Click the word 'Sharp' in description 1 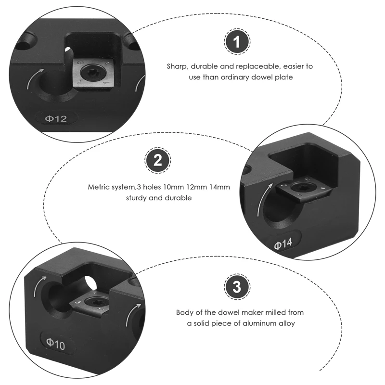pyautogui.click(x=177, y=66)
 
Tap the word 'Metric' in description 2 pyautogui.click(x=99, y=186)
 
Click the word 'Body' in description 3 pyautogui.click(x=185, y=312)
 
